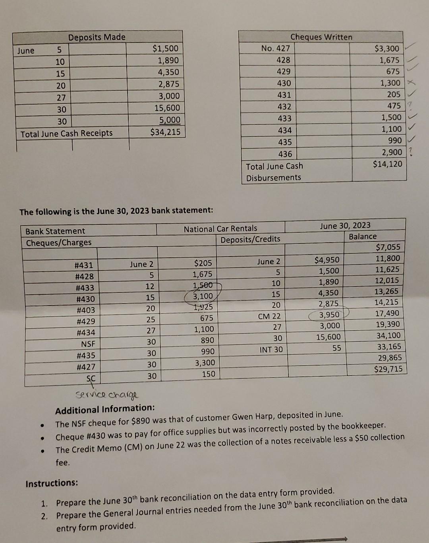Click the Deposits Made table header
[97, 37]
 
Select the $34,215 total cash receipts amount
[165, 132]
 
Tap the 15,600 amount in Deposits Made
[167, 108]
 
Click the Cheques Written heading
[321, 37]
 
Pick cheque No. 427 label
[275, 49]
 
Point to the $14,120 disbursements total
[387, 164]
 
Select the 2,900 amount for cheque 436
[392, 152]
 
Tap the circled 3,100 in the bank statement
[203, 296]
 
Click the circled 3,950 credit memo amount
[329, 315]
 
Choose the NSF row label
[88, 344]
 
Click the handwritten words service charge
[107, 395]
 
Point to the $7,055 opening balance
[388, 247]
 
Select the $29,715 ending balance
[388, 369]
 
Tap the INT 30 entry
[271, 350]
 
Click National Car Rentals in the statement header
[220, 229]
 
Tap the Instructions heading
[52, 483]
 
